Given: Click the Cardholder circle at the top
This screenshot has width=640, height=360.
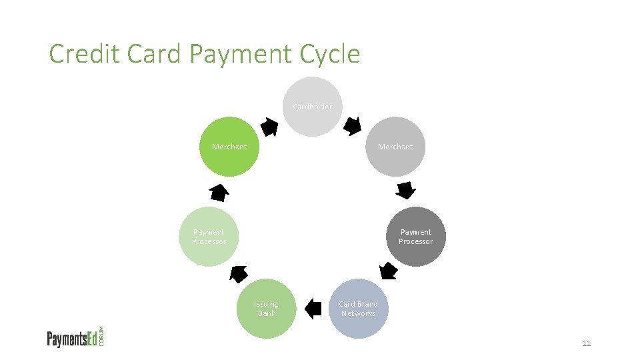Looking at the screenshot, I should click(312, 107).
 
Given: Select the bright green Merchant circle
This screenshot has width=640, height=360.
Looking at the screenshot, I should click(229, 147).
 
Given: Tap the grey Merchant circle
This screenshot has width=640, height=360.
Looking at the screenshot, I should click(395, 147).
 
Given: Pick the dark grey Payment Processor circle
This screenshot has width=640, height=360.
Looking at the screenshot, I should click(416, 237).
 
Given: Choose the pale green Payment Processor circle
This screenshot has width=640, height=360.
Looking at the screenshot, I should click(209, 237).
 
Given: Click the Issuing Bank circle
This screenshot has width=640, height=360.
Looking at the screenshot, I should click(267, 309).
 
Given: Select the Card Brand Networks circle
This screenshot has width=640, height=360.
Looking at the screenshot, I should click(358, 309).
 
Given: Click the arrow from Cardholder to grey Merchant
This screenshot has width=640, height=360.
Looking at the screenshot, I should click(352, 126).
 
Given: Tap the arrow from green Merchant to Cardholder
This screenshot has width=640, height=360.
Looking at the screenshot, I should click(269, 126).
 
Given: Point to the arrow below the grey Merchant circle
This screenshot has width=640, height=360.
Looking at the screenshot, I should click(405, 190).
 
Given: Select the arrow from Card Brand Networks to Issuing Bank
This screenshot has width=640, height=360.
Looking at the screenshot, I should click(313, 308).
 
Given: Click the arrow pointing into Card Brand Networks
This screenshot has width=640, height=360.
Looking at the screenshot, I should click(388, 271).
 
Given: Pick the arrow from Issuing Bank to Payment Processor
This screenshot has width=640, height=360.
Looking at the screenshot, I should click(238, 273).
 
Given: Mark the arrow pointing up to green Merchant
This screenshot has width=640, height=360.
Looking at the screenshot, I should click(218, 193).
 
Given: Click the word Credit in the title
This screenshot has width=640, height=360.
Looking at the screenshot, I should click(85, 54).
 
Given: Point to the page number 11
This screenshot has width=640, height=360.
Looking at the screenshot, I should click(587, 343).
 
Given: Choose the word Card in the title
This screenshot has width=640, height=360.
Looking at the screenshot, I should click(153, 54).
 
